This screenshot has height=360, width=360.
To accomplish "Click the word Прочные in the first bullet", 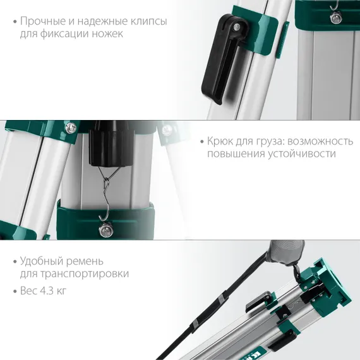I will click(44, 21).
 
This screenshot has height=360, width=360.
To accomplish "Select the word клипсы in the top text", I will click(148, 21).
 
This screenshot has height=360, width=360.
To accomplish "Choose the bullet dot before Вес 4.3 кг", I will click(15, 291).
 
